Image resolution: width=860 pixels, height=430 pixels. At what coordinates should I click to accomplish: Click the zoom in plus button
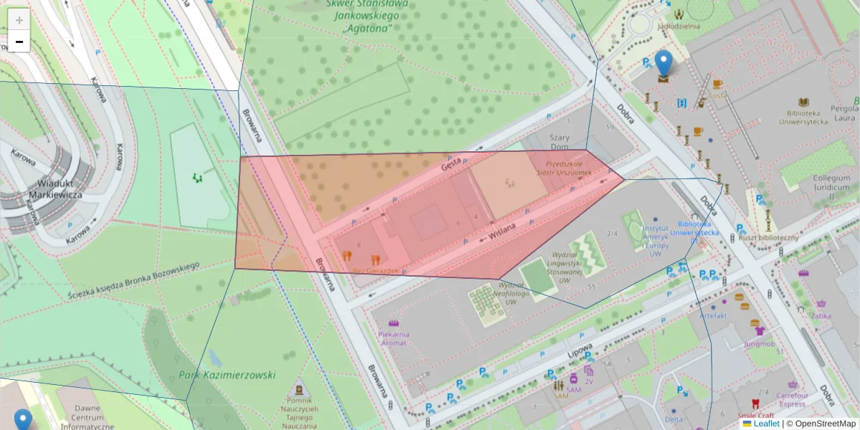point(19,19)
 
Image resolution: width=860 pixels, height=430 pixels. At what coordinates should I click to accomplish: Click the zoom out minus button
point(19,42)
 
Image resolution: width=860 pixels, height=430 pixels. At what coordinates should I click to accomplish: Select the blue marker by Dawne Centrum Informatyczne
point(23,420)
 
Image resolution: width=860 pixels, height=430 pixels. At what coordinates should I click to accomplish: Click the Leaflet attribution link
point(766,424)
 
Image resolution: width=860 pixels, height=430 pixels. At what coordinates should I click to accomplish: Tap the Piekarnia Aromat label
point(393,338)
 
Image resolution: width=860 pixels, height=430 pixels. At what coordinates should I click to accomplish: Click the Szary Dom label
point(558,143)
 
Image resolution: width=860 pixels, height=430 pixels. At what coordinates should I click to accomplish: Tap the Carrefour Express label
point(792,399)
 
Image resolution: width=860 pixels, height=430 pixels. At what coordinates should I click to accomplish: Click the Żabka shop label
point(822,315)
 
